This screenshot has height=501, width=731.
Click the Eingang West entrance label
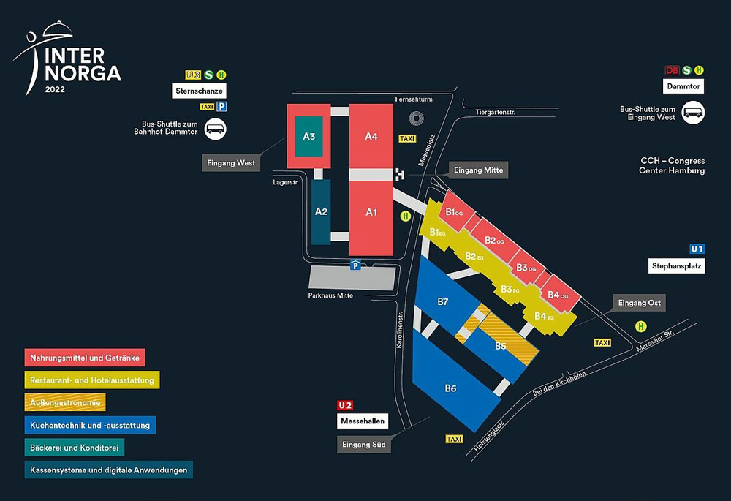coord(231,163)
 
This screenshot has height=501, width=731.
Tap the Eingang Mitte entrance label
coord(478,170)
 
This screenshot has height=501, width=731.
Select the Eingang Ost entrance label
coord(639,303)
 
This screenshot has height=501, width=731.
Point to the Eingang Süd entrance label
coord(363,445)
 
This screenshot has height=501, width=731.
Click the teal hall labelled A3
coord(308,136)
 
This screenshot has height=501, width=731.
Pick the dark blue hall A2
coord(321,212)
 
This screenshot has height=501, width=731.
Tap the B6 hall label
coord(450,388)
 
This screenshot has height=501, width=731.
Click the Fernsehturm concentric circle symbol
coord(416,118)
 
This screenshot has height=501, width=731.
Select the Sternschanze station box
coord(199,91)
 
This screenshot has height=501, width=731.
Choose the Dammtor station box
coord(683,86)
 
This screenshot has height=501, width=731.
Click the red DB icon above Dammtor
coord(672,70)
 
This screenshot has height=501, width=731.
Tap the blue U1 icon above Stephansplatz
coord(697,249)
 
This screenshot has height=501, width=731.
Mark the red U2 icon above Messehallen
coord(345,405)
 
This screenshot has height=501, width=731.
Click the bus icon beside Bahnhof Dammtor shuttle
coord(216,129)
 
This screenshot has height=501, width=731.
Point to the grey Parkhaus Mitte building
coord(352,278)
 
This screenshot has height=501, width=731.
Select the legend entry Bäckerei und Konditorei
coord(74,448)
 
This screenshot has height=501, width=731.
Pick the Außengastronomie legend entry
coord(65,402)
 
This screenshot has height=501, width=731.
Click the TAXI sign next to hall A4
coord(407,138)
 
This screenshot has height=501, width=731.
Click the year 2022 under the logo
coord(55,89)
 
